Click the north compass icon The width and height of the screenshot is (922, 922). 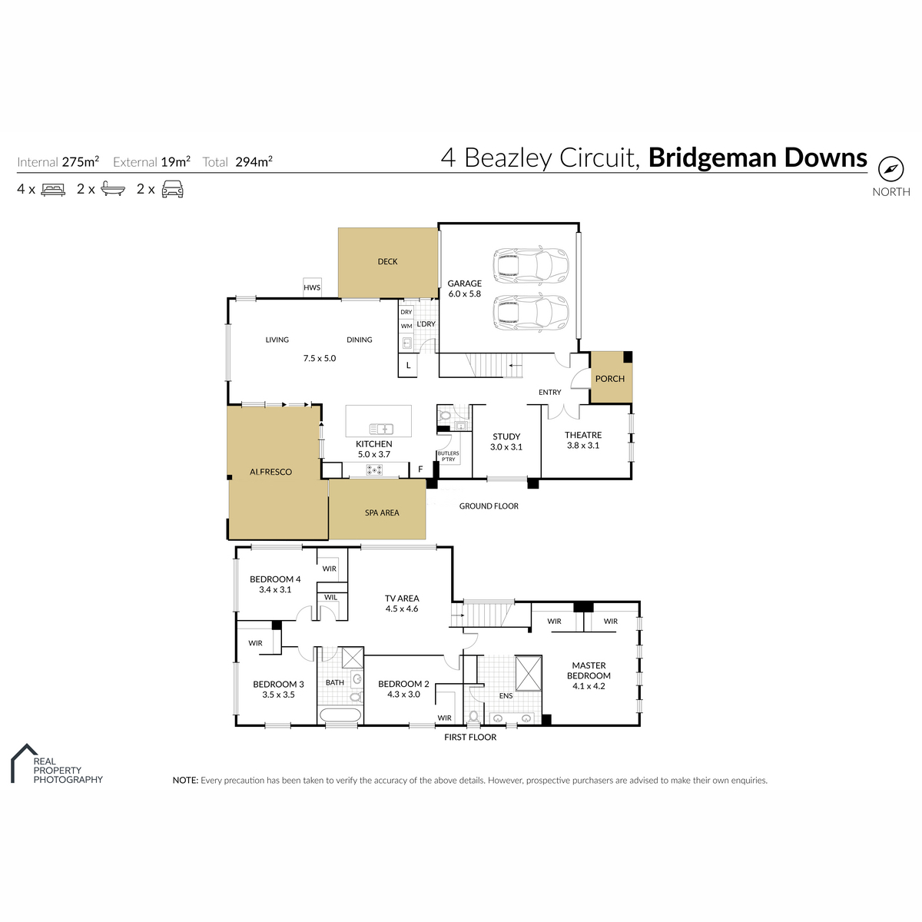click(890, 169)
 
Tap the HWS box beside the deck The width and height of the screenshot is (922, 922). click(312, 287)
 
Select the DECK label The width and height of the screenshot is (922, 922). click(387, 262)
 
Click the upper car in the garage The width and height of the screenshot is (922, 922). click(531, 266)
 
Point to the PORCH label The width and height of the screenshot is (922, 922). click(609, 379)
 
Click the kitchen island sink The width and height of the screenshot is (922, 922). click(381, 429)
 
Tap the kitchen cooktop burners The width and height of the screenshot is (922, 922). click(374, 470)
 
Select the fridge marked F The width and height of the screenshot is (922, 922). click(420, 469)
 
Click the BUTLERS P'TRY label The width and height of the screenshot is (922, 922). click(448, 456)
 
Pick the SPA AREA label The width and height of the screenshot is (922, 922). click(382, 513)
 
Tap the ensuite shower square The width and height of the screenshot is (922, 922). click(528, 673)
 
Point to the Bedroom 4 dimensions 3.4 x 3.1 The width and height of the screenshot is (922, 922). click(275, 590)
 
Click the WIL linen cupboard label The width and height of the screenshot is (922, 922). click(330, 597)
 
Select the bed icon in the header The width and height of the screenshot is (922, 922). click(53, 190)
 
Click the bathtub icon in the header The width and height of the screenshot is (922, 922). click(114, 190)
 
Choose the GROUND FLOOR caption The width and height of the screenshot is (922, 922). click(489, 506)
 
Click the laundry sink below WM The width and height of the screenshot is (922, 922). click(406, 343)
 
